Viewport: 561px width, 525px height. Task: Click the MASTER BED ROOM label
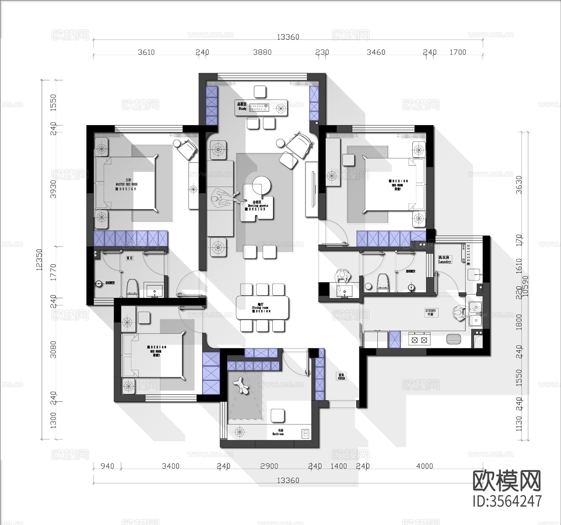pyautogui.click(x=127, y=184)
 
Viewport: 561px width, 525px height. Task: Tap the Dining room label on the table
pyautogui.click(x=261, y=307)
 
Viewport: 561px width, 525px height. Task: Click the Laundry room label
pyautogui.click(x=444, y=260)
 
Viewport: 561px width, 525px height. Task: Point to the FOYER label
pyautogui.click(x=341, y=377)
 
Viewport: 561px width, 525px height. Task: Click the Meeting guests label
pyautogui.click(x=258, y=206)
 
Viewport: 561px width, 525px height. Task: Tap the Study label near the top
pyautogui.click(x=242, y=107)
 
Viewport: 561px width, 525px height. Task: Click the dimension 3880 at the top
pyautogui.click(x=262, y=52)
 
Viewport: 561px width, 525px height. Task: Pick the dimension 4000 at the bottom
pyautogui.click(x=424, y=466)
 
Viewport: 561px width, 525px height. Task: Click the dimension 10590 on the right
pyautogui.click(x=526, y=286)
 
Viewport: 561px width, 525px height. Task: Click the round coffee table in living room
pyautogui.click(x=261, y=185)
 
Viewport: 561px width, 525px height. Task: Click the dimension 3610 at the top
pyautogui.click(x=146, y=52)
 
